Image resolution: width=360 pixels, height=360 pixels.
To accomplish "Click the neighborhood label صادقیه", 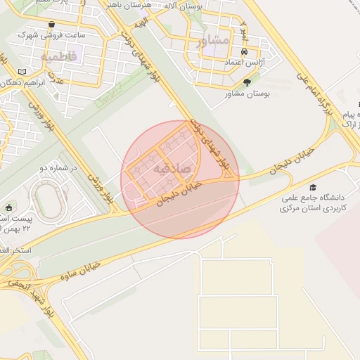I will [x=172, y=169].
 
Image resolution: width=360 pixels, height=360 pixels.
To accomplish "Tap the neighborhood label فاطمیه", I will [x=58, y=56].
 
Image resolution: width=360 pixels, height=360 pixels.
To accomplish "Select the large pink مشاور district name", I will [x=213, y=40].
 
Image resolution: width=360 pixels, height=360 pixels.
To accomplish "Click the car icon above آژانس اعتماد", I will [x=244, y=53].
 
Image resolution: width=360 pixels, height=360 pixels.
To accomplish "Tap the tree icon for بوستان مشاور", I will [x=245, y=82].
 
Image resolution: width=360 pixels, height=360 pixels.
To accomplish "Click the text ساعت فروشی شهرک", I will [x=62, y=34].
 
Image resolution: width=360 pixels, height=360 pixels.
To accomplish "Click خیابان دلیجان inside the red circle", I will [x=177, y=193].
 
